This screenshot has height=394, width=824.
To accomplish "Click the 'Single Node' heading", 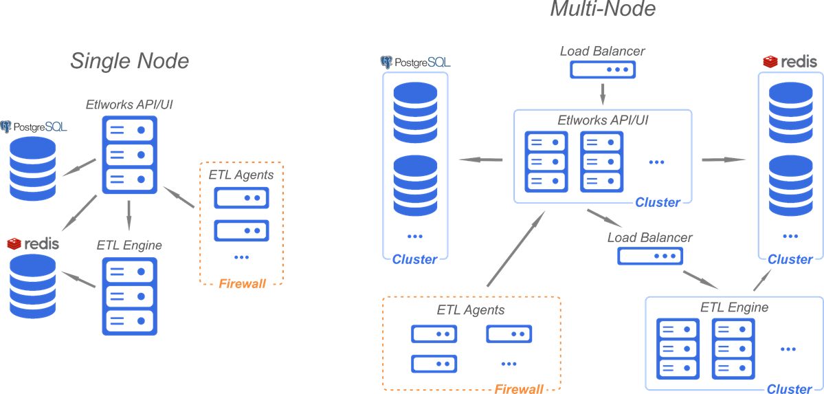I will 129,61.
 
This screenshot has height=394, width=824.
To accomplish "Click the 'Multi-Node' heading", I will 603,9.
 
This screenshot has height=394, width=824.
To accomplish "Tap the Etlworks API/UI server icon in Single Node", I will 129,154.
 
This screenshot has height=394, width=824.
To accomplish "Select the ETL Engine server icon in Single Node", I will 129,296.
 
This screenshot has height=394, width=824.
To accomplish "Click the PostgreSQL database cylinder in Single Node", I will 33,168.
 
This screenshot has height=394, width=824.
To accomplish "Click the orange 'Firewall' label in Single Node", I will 242,283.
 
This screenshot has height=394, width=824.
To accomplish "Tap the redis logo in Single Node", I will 33,243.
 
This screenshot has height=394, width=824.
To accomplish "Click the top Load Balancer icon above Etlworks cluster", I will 603,70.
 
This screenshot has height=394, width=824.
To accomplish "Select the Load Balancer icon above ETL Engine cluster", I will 650,256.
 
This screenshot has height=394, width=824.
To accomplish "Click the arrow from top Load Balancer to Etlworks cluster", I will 603,92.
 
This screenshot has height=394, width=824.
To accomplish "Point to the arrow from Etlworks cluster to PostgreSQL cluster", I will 480,160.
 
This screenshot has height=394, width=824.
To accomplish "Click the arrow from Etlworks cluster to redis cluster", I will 723,160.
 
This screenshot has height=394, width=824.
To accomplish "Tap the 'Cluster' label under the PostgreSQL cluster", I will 414,259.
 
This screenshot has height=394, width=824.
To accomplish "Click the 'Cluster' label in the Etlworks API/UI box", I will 658,202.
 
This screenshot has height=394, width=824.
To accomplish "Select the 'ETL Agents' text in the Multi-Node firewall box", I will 471,309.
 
